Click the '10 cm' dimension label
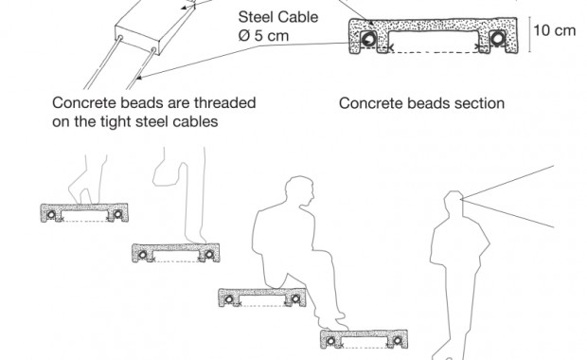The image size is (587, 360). coord(554,30)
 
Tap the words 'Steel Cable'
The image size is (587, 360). coord(278,17)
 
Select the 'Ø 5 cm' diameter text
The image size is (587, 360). coord(263,36)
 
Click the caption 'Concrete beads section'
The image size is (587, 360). coord(421,103)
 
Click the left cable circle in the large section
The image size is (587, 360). coord(368,39)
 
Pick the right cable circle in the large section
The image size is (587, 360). coord(497,39)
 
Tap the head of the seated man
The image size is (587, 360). coord(299,191)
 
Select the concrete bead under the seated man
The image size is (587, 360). coord(262,297)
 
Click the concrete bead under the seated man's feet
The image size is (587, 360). coord(364,339)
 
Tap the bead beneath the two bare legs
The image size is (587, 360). coord(84,213)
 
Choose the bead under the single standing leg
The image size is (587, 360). coord(175,253)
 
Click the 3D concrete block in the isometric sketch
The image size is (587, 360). coord(155,27)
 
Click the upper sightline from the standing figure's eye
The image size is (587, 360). coord(507,183)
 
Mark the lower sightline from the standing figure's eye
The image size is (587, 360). coord(507,213)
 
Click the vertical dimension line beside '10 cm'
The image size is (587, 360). coord(529,34)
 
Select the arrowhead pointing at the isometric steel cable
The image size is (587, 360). coord(138,78)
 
